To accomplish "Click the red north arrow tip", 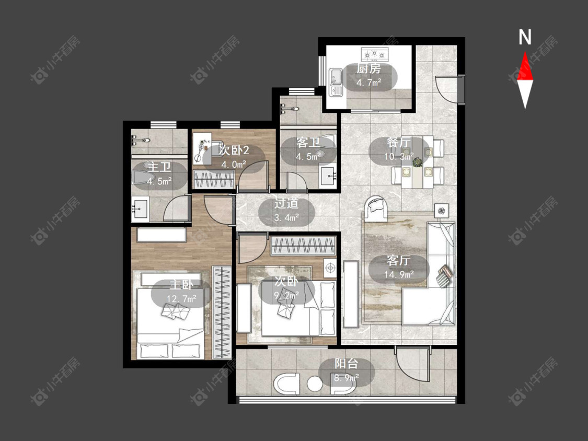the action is tap(525, 52).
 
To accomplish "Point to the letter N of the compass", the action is tap(525, 37).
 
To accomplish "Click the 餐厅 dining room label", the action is tap(399, 143).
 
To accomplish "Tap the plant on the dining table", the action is tap(417, 163).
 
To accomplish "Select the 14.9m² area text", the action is tap(399, 274).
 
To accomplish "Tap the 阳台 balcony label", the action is tap(346, 364).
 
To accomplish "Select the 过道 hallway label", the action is tap(286, 203).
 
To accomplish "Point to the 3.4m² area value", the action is tap(286, 217).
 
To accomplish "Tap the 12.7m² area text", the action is tap(181, 298).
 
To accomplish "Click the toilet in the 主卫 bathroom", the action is tap(141, 177).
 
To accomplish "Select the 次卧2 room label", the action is tap(234, 150).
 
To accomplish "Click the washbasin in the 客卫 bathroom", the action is tap(328, 176).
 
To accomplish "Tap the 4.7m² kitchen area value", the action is tap(369, 83).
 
